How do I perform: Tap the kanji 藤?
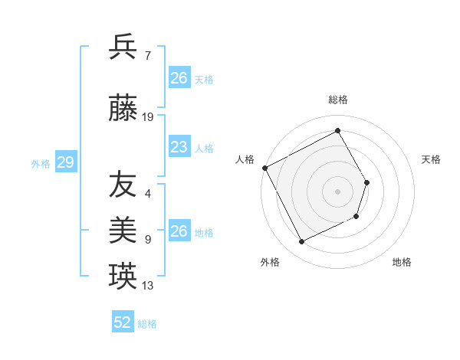(123, 110)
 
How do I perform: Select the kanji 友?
(123, 185)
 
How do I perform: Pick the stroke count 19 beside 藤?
(148, 117)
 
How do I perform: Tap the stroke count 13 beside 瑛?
(148, 286)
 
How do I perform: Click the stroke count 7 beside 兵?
(147, 55)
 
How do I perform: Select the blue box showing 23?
(179, 147)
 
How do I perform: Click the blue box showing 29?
(65, 162)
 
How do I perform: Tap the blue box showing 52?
(123, 322)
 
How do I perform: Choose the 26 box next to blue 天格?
(179, 78)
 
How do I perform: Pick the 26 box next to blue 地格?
(179, 231)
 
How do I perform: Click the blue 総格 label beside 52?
(147, 324)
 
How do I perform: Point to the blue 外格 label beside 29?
(41, 163)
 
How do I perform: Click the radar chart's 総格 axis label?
(338, 100)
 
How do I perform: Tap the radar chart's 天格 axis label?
(432, 159)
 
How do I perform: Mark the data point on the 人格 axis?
(265, 168)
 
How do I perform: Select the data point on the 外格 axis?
(301, 242)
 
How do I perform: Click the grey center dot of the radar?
(337, 191)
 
